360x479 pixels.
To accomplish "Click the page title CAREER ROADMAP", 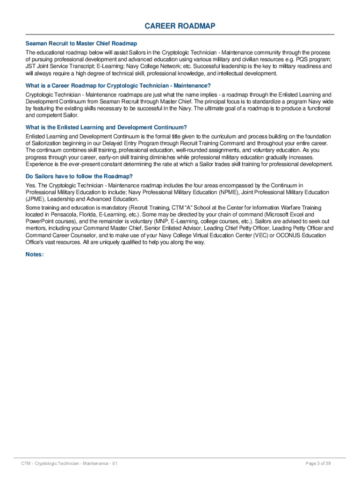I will (x=180, y=26).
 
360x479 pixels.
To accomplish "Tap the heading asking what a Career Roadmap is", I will (x=118, y=86).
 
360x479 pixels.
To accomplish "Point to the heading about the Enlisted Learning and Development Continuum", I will (x=106, y=127).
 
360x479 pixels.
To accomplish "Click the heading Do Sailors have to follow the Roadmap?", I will (x=79, y=176).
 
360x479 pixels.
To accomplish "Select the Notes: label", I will (x=35, y=254).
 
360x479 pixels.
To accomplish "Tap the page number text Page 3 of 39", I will (x=318, y=463).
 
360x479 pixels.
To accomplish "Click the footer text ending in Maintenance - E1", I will (x=69, y=463).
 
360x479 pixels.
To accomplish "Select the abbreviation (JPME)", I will (x=35, y=199).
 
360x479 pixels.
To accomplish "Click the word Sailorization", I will (x=47, y=143).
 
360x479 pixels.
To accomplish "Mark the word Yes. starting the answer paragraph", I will (x=31, y=186).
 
